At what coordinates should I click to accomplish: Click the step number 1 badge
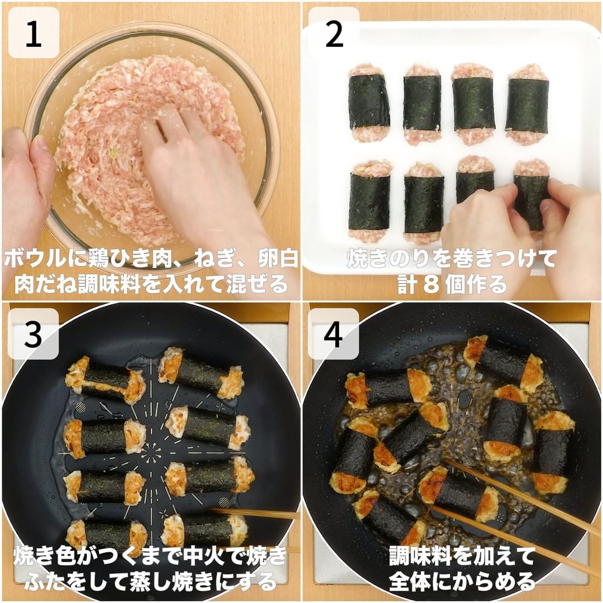click(x=33, y=33)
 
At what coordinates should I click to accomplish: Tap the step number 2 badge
click(x=334, y=33)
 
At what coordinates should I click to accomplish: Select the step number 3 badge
click(x=33, y=334)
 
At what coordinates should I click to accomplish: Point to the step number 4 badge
click(x=334, y=334)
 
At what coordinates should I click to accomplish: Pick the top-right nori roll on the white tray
click(x=528, y=104)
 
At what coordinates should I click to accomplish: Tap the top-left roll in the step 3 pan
click(x=106, y=380)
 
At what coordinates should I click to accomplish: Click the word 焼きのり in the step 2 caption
click(x=388, y=259)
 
